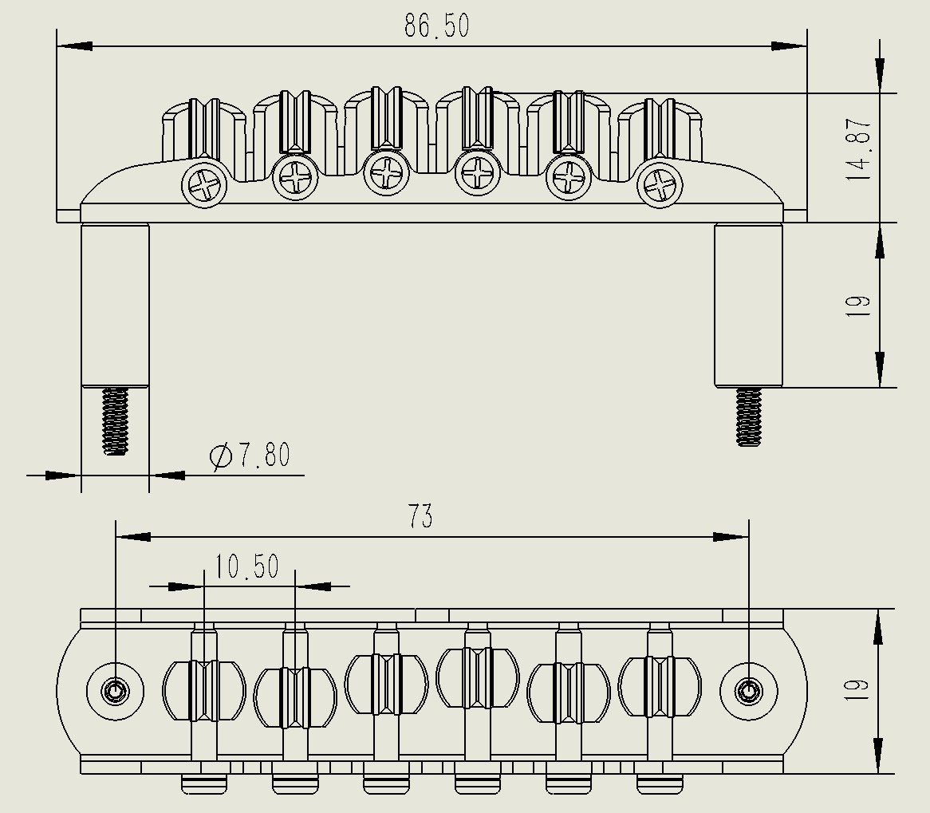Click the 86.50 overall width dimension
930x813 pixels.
point(436,26)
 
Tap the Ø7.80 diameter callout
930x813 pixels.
point(250,456)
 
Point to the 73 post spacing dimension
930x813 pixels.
point(420,516)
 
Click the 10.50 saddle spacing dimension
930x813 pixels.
point(246,566)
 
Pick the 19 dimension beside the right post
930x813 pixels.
point(859,306)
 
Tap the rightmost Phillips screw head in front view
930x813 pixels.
point(661,186)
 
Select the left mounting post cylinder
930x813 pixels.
point(115,305)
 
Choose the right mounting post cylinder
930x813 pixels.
point(748,305)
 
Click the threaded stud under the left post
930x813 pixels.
point(116,420)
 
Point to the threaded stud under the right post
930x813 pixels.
point(748,416)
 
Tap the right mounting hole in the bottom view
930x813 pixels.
point(748,690)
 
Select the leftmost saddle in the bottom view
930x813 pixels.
point(203,691)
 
